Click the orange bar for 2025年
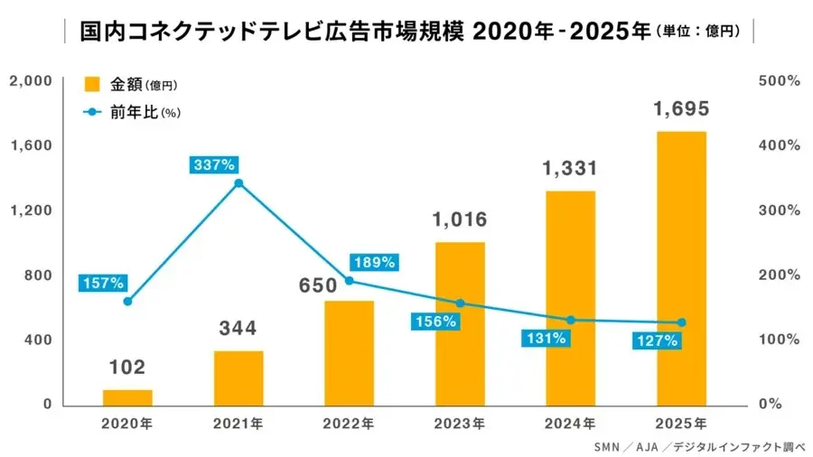681,268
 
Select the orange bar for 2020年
127,397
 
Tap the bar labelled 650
349,352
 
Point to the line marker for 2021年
238,183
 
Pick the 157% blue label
102,283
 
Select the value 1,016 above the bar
460,219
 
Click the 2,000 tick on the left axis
30,81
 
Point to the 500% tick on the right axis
781,81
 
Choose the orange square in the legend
91,85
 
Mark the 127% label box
657,341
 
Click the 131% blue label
546,339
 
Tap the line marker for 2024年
570,320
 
